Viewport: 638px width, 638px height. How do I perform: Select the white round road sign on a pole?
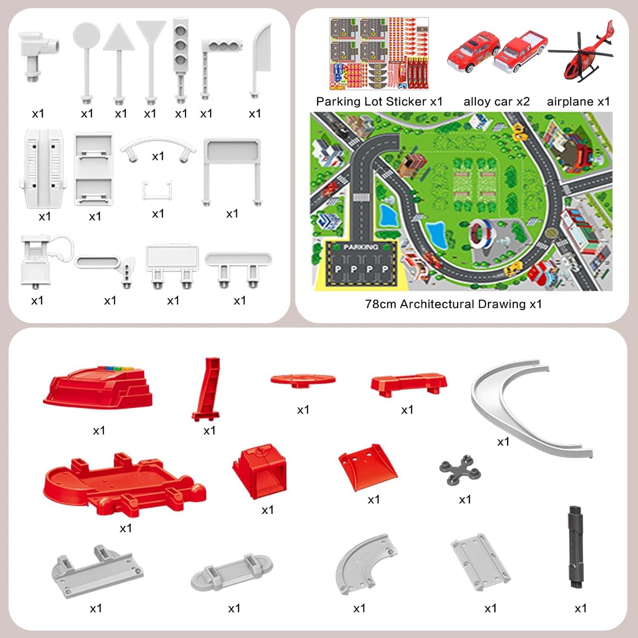pos(86,36)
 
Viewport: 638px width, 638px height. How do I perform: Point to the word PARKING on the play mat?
pos(360,247)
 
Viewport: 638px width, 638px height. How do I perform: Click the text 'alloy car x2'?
pos(496,102)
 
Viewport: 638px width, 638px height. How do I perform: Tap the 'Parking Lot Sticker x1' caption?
pos(379,102)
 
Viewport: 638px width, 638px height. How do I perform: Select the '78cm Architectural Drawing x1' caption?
pos(453,304)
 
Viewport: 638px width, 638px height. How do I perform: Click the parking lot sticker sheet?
pos(379,54)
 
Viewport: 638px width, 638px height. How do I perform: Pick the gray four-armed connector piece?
pos(460,470)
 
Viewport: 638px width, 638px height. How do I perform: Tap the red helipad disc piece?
pos(303,379)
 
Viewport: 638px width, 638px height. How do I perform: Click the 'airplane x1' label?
pos(578,102)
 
